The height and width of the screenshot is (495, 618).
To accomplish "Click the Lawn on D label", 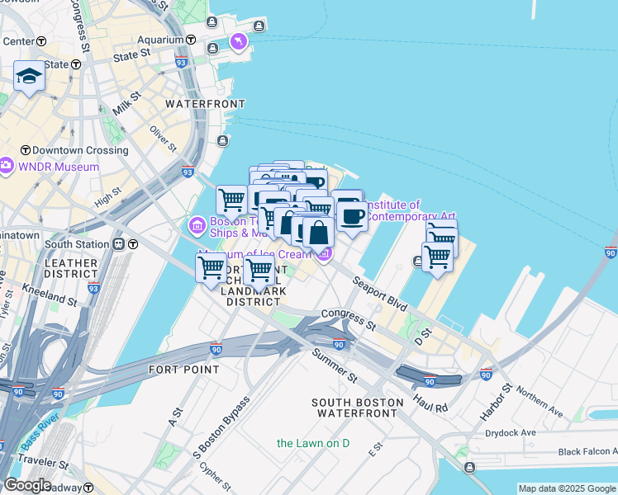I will pyautogui.click(x=313, y=443).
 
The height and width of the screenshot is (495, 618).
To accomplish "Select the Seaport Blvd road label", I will pyautogui.click(x=380, y=294).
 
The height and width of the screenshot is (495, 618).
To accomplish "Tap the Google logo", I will pyautogui.click(x=26, y=485).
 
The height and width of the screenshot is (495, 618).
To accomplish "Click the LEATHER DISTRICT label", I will pyautogui.click(x=70, y=269).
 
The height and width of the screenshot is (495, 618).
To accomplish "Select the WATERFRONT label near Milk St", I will pyautogui.click(x=205, y=104).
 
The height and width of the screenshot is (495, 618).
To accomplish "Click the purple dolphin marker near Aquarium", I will pyautogui.click(x=238, y=40).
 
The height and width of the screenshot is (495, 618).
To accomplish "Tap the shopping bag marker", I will pyautogui.click(x=318, y=233).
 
